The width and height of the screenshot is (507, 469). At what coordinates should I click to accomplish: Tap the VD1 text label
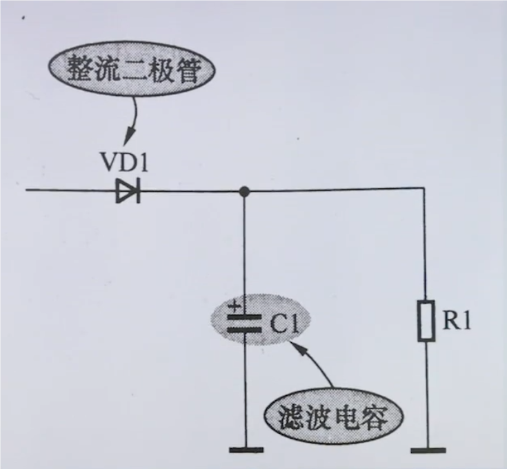tap(125, 163)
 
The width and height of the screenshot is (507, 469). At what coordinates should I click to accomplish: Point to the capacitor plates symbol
tap(244, 323)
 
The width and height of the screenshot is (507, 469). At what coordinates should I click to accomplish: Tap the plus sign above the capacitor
tap(235, 305)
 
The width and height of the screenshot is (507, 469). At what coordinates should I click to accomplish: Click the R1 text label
tap(457, 321)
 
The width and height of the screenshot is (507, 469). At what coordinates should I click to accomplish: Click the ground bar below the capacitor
tap(246, 450)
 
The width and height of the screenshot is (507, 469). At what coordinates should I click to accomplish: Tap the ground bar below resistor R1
tap(428, 450)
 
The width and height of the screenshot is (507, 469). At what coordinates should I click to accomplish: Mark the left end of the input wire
tap(26, 190)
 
